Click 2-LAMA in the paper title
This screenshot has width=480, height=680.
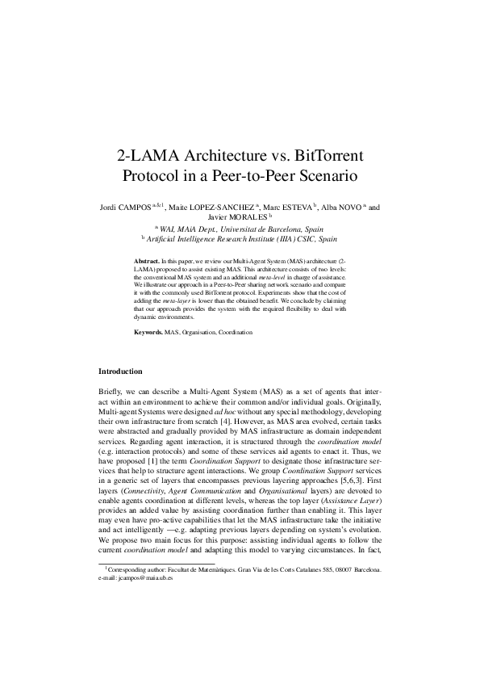[x=146, y=153]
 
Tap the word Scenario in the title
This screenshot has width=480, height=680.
[x=327, y=174]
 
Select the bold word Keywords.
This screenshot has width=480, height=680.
[x=148, y=332]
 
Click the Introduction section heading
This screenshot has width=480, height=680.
[x=120, y=371]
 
